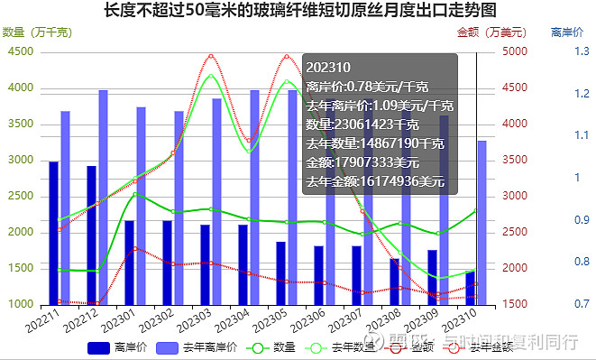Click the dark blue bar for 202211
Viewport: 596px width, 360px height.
54,233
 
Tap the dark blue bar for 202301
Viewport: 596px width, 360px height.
130,262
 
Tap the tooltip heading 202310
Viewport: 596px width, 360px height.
322,67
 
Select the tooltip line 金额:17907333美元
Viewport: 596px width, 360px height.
362,162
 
